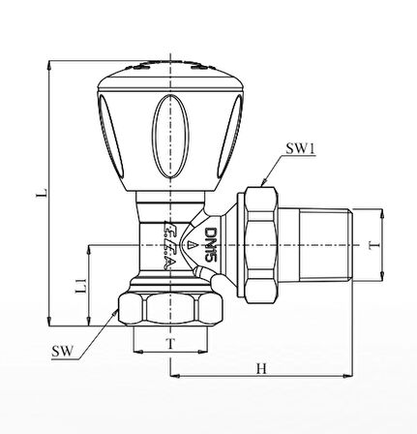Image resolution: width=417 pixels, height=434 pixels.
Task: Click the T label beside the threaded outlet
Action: click(x=373, y=245)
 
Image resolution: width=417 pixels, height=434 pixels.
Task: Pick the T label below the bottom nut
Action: click(x=170, y=344)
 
